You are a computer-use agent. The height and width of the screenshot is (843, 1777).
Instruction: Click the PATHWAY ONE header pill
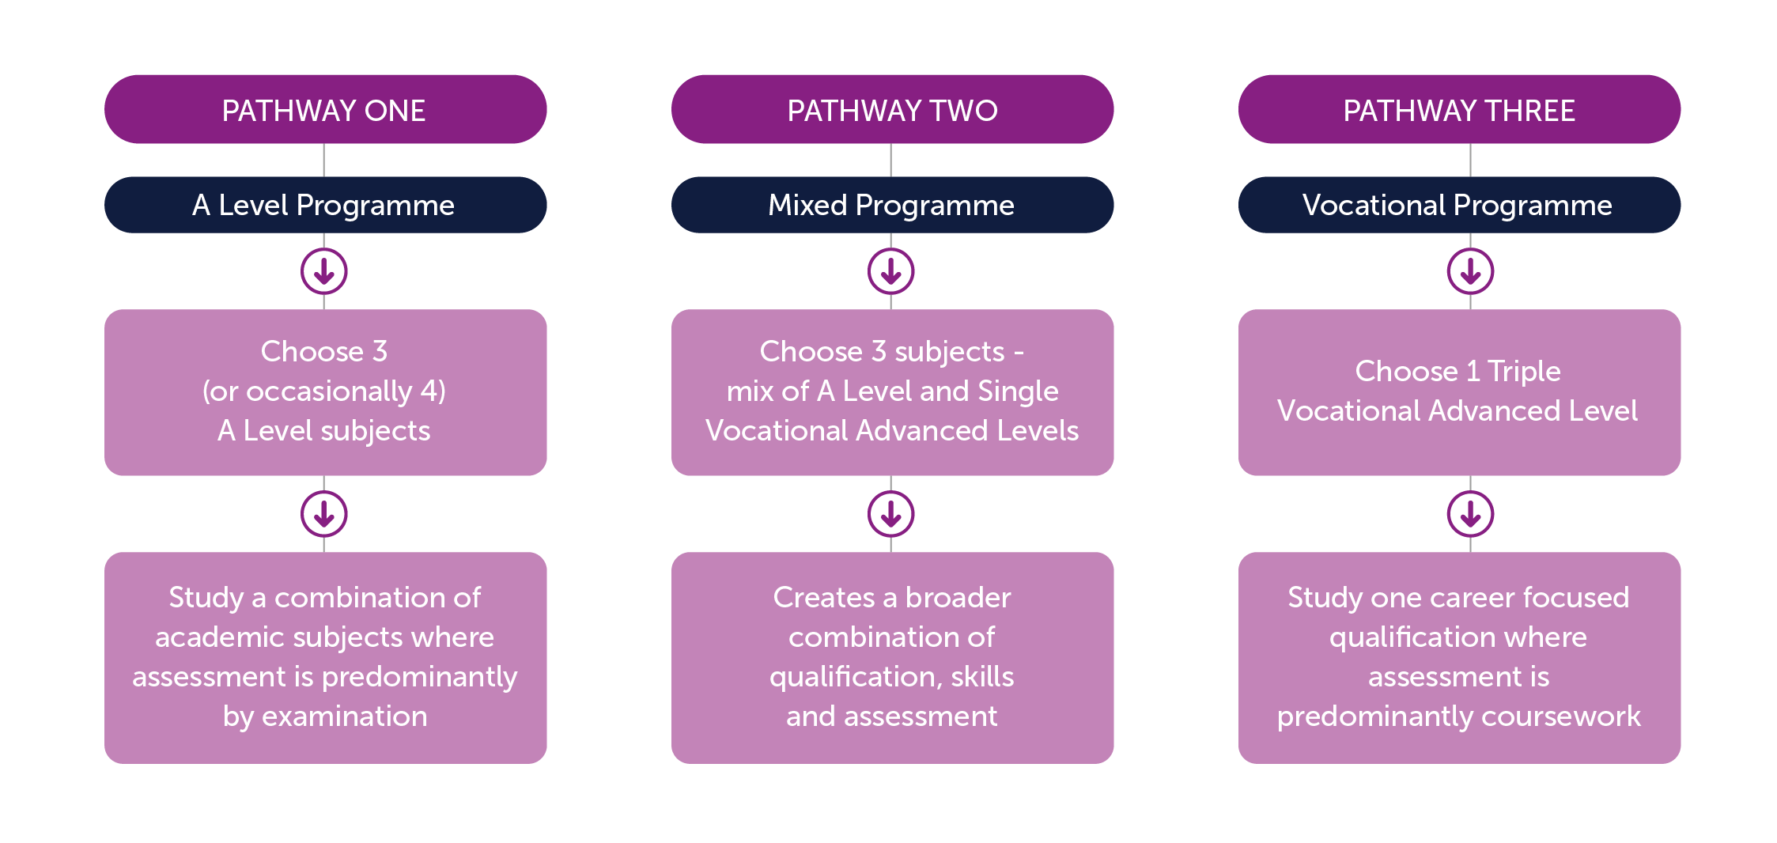pos(325,109)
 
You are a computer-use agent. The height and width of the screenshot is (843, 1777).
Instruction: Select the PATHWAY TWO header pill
pos(892,109)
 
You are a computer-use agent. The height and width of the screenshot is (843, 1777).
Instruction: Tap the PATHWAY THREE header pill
pos(1459,109)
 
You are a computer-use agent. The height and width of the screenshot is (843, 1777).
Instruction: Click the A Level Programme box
pos(325,205)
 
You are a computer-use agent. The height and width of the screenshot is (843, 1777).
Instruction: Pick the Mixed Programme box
pos(892,205)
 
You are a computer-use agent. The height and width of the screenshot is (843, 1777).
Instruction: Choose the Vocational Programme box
pos(1459,205)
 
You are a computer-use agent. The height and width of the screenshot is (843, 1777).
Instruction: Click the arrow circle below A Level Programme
pos(324,272)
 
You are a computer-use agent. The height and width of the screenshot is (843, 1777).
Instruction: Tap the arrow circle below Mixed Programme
pos(891,272)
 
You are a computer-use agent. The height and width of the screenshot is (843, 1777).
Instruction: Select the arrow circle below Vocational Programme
pos(1470,272)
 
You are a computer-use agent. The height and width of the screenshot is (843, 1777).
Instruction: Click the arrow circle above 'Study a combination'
pos(324,515)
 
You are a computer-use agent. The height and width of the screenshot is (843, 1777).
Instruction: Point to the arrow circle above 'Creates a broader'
pos(891,515)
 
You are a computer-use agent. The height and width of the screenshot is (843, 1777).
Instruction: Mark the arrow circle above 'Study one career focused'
pos(1470,515)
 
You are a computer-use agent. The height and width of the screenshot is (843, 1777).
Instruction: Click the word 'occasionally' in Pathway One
pos(329,391)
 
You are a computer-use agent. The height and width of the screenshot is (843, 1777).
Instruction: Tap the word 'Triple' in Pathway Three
pos(1524,371)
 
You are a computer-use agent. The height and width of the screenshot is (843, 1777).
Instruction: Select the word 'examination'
pos(345,716)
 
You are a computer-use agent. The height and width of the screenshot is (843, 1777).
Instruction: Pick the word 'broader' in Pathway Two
pos(958,598)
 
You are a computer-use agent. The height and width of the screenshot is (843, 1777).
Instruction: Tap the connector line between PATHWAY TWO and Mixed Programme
pos(891,160)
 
